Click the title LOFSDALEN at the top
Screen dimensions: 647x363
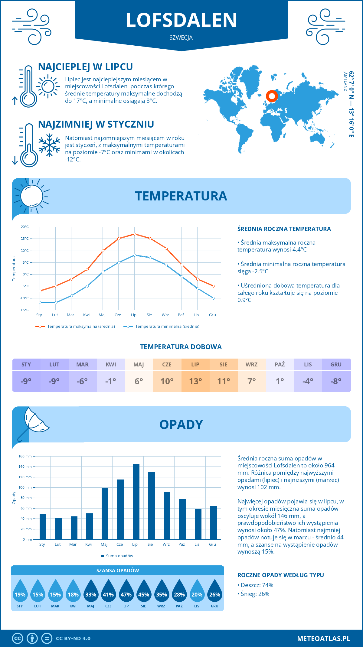(181, 20)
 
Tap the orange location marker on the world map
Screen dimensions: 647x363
(272, 96)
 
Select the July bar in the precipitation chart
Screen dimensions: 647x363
(136, 502)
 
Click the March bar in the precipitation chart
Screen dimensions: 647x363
(74, 528)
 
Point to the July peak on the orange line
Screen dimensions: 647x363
(135, 234)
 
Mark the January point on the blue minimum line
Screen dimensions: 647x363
(40, 303)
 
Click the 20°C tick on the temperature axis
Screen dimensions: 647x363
(25, 227)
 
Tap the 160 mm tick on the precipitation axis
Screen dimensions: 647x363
(25, 456)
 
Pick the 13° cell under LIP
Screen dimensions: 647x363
(195, 381)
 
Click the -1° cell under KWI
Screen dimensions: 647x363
(111, 381)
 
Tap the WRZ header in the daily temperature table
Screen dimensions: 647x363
(252, 365)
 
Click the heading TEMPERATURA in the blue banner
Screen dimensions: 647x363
(181, 196)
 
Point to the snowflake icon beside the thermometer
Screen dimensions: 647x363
(49, 145)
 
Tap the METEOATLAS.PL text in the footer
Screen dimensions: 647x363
(323, 639)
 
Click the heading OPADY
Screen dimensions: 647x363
(181, 424)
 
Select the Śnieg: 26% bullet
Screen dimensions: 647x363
(255, 594)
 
